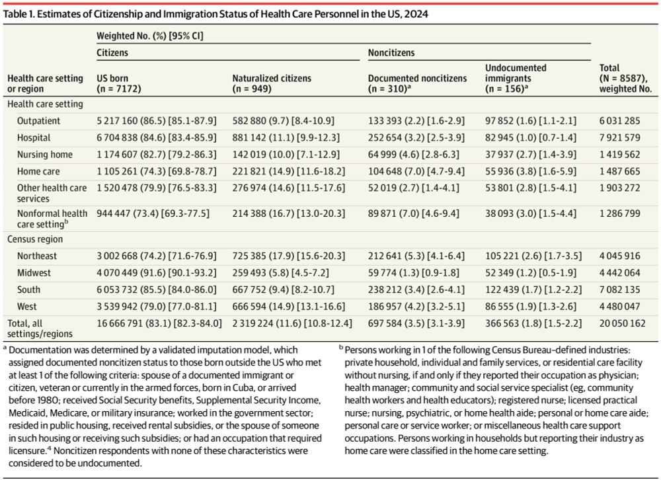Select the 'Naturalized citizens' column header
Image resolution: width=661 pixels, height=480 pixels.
tap(272, 83)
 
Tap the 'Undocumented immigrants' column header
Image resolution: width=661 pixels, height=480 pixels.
tap(516, 78)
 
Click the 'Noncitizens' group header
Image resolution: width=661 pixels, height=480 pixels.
tap(391, 53)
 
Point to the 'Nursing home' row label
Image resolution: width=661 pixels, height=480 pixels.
tap(45, 154)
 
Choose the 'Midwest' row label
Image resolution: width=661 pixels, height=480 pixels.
tap(34, 272)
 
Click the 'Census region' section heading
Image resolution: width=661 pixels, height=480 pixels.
tap(35, 239)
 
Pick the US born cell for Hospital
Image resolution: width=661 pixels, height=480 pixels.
tap(157, 138)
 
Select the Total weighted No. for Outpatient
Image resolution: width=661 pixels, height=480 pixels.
tap(620, 120)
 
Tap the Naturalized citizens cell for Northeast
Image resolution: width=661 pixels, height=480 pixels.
tap(289, 256)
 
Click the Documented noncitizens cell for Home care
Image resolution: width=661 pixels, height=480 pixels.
tap(416, 171)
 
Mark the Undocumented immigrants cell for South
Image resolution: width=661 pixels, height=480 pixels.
tap(533, 290)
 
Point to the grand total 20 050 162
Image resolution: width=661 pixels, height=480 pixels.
tap(622, 323)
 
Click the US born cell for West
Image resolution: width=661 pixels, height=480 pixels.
tap(157, 306)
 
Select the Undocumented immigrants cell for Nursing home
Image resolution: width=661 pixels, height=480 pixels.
tap(530, 154)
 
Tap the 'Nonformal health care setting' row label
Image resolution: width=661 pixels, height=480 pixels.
tap(52, 218)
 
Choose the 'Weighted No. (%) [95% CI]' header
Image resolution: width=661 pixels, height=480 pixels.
tap(149, 36)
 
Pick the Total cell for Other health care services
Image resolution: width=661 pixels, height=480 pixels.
tap(620, 188)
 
